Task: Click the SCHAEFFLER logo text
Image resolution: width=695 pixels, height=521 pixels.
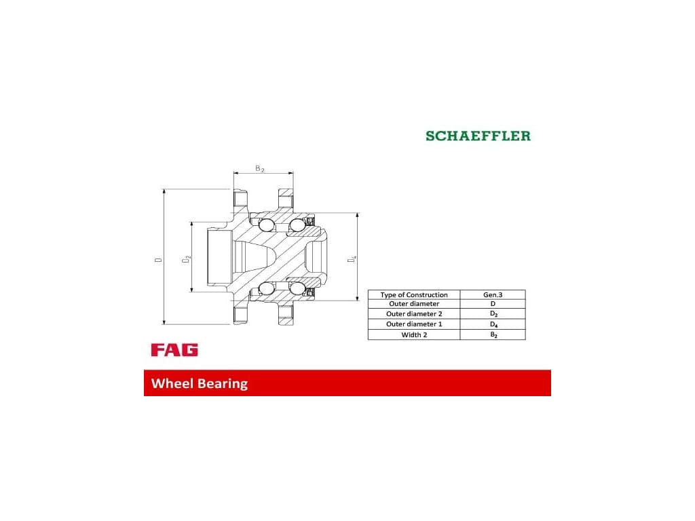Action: tap(478, 136)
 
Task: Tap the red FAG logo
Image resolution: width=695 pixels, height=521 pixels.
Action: tap(174, 350)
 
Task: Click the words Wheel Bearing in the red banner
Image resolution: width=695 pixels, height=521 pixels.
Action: tap(200, 383)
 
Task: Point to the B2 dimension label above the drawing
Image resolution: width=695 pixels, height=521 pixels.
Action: tap(259, 168)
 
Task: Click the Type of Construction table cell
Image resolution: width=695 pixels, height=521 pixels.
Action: tap(414, 295)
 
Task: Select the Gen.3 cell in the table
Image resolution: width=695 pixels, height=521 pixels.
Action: tap(492, 295)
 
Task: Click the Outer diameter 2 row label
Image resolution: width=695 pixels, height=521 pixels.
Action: tap(414, 314)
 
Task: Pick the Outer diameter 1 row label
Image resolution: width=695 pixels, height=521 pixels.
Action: tap(414, 324)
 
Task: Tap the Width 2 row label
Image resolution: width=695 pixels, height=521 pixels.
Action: tap(414, 335)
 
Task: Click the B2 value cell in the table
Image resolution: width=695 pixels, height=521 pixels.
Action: tap(493, 335)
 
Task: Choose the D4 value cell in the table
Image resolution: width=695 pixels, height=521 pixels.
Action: tap(493, 324)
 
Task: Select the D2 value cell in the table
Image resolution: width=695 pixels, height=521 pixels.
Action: tap(493, 314)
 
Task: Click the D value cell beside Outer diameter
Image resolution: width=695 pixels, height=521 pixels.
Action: tap(493, 304)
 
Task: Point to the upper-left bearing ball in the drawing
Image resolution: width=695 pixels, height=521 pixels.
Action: tap(267, 225)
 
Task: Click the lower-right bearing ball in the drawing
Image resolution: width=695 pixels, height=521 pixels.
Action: tap(296, 288)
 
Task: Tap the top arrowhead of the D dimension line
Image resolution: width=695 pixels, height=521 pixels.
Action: tap(164, 192)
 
